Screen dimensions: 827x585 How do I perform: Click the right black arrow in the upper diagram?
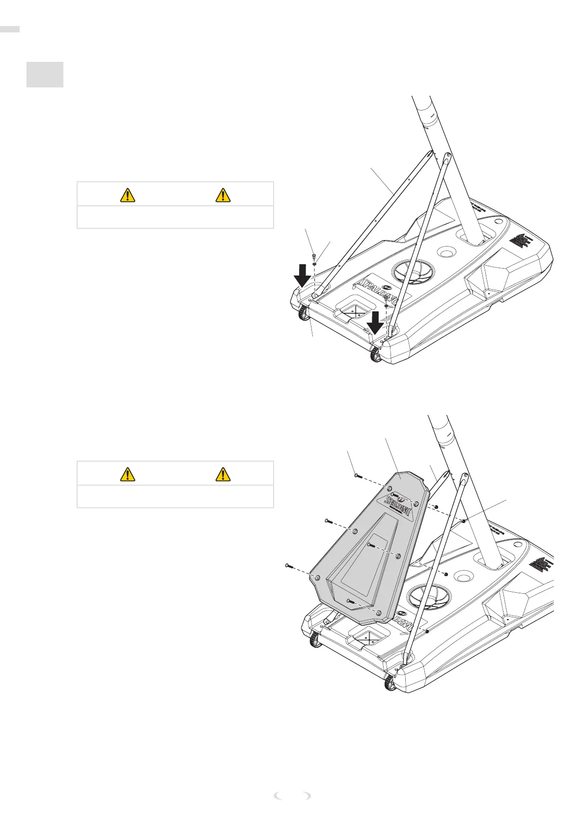click(376, 322)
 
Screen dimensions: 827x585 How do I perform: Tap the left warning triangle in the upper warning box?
click(128, 195)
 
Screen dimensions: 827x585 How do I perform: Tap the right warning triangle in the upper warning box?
click(223, 195)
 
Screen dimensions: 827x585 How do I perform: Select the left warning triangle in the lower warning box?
click(128, 474)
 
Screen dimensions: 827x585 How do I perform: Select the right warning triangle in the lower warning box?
click(223, 474)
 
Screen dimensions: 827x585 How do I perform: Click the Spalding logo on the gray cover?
click(399, 504)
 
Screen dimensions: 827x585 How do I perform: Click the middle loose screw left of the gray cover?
click(329, 521)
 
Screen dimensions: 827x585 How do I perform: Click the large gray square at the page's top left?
click(45, 75)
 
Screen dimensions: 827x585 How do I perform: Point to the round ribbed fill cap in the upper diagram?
click(414, 271)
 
